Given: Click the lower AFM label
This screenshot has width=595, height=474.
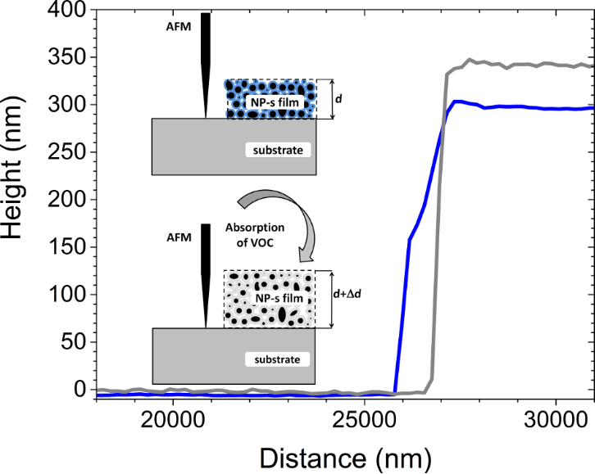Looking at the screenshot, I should point(178,237).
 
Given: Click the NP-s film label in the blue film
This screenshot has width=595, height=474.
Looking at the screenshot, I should point(271,102).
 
